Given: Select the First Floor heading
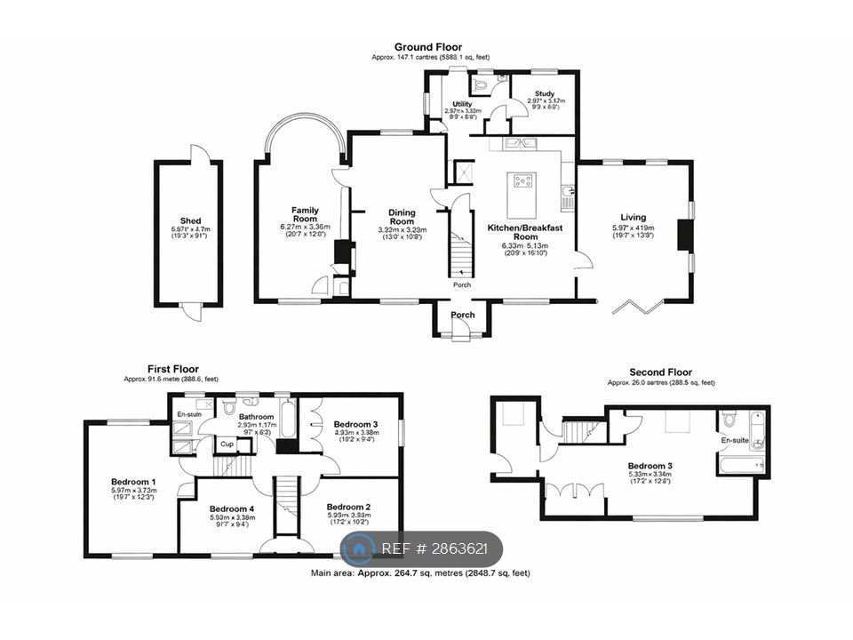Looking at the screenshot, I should tap(173, 369).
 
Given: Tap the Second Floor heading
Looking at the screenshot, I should tap(660, 372).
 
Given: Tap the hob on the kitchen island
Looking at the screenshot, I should tap(522, 181).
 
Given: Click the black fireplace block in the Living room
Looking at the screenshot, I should tap(684, 236).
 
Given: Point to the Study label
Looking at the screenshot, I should tap(546, 92).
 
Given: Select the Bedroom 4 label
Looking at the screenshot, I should tap(233, 508).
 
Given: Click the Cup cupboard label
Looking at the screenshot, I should tap(227, 444).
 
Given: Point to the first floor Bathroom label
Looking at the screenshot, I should tap(255, 416).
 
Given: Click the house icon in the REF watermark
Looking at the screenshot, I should tap(360, 549).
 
